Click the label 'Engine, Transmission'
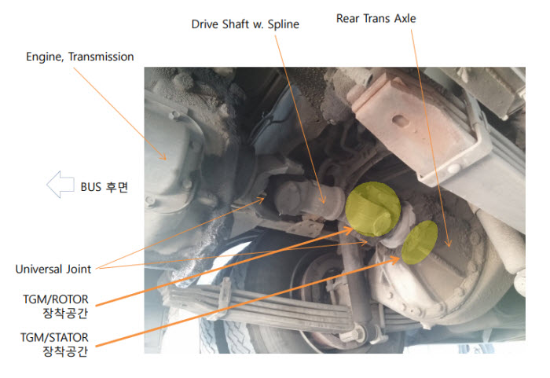pos(80,57)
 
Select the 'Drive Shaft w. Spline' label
pos(245,24)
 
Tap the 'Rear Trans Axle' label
pos(376,18)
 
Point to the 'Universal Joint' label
pos(53,270)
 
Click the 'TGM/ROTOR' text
pos(56,299)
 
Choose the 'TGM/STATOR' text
pos(54,337)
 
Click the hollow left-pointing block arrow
pos(60,185)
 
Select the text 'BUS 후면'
pos(104,187)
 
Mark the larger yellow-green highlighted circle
pos(373,209)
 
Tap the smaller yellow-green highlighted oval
pos(420,242)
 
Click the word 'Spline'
pos(284,24)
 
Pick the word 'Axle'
pos(405,18)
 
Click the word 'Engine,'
pos(45,57)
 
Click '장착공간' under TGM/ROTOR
pos(65,313)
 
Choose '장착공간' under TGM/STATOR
pos(65,351)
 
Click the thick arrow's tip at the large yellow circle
pos(353,228)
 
